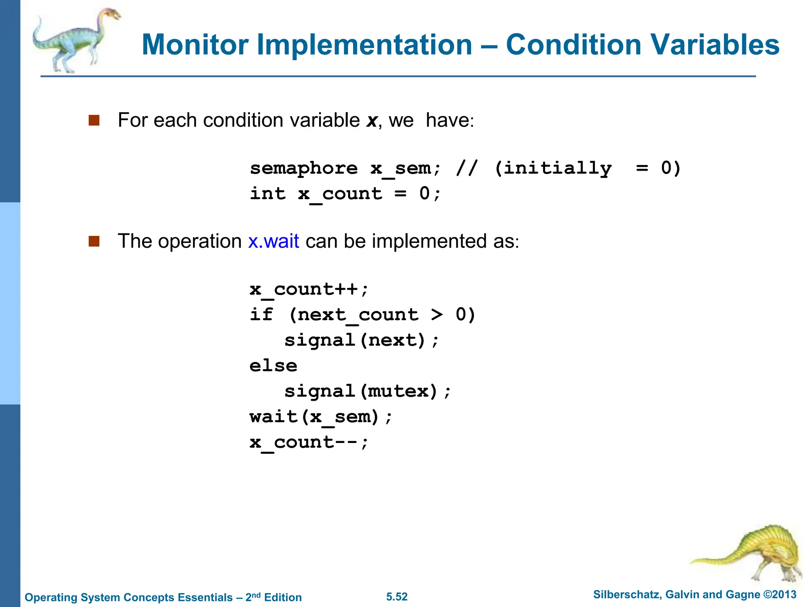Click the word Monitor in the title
tap(195, 44)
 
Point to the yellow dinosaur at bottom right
tap(751, 553)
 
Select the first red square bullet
tap(94, 120)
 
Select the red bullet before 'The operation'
tap(94, 241)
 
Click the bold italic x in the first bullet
tap(372, 121)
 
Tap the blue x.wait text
tap(273, 241)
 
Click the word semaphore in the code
tap(304, 169)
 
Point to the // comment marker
tap(467, 168)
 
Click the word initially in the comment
tap(553, 169)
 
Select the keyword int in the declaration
tap(267, 194)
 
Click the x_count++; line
tap(309, 289)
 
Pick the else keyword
tap(273, 366)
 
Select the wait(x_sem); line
tap(321, 417)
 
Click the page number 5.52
tap(397, 597)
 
